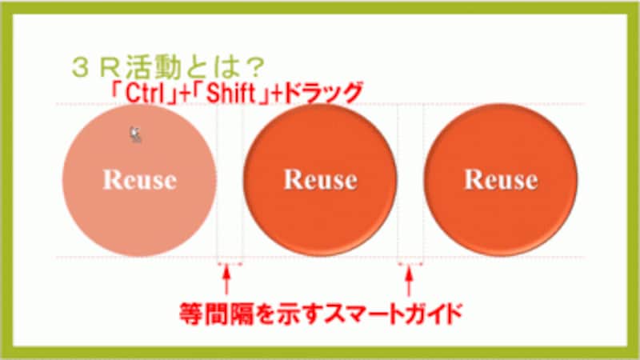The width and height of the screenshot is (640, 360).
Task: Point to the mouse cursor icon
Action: [135, 134]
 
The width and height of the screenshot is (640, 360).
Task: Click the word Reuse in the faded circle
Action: [140, 179]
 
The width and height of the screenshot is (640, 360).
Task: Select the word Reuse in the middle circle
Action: [321, 179]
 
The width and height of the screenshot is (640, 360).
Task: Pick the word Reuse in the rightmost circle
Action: [502, 179]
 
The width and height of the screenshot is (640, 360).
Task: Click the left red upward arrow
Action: [226, 281]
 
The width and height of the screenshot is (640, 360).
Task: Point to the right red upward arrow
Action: [409, 282]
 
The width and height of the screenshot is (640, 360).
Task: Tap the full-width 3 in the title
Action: [82, 68]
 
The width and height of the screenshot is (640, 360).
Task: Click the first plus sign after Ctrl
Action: [185, 94]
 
